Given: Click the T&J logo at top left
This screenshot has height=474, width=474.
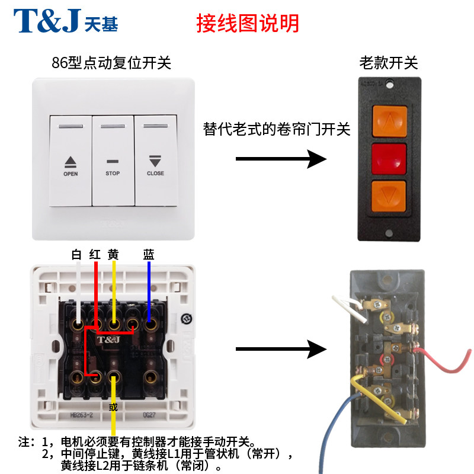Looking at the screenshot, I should [66, 21].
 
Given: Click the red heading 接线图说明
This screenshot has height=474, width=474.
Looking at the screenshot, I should [248, 23].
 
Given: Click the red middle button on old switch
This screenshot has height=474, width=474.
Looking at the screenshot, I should [389, 158].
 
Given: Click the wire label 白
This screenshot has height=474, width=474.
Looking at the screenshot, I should [76, 255].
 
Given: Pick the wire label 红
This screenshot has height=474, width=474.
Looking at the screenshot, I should [94, 255].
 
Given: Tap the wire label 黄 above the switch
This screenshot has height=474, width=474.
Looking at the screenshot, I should [113, 255].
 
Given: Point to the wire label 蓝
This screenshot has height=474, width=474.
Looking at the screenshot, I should [148, 255].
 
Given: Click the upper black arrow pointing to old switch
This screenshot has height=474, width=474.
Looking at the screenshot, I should [281, 159].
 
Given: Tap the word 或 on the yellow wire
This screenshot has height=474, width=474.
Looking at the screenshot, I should [113, 407].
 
